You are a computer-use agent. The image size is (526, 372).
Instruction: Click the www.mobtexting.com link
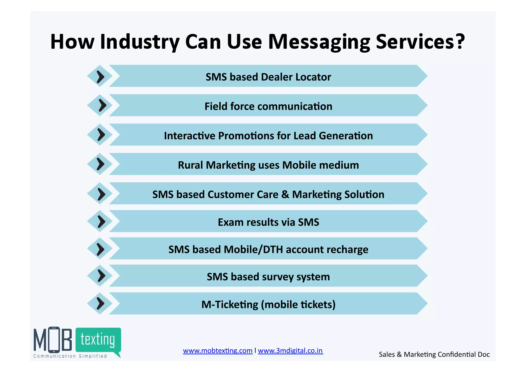point(218,351)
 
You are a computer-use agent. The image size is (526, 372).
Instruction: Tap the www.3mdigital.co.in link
point(290,351)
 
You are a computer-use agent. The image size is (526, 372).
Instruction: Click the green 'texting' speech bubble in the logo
point(98,340)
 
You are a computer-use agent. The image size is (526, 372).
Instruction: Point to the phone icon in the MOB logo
point(54,340)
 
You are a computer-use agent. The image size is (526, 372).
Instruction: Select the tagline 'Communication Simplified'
point(70,356)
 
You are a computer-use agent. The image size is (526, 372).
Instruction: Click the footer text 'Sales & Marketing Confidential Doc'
point(434,355)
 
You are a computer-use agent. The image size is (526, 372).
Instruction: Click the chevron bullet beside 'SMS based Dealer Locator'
point(100,76)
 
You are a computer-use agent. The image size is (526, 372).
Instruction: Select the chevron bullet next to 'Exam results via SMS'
point(101,222)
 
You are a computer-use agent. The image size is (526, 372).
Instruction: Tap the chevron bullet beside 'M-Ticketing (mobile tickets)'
point(100,304)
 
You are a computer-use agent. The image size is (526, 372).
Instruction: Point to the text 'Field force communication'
point(268,106)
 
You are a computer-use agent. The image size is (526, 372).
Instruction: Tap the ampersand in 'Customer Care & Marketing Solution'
point(285,195)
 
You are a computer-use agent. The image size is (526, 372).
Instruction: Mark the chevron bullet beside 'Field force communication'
point(102,105)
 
